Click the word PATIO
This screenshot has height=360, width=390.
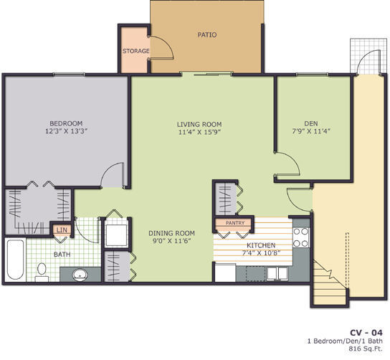tap(206, 34)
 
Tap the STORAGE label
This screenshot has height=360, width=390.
tap(135, 51)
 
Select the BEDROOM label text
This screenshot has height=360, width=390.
tap(66, 123)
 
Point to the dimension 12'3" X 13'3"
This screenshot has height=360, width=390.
tap(66, 132)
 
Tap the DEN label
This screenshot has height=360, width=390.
tap(310, 123)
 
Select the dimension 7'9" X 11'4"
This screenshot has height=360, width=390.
tap(310, 132)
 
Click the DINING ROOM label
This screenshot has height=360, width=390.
tap(171, 233)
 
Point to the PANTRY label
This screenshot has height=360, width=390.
tap(234, 223)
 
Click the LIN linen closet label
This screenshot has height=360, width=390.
tap(62, 230)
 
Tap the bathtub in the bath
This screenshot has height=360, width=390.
tap(16, 260)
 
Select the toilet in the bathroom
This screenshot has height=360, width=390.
tap(42, 270)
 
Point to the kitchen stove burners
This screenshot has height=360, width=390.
tap(301, 237)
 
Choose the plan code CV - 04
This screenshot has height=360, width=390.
tap(366, 332)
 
